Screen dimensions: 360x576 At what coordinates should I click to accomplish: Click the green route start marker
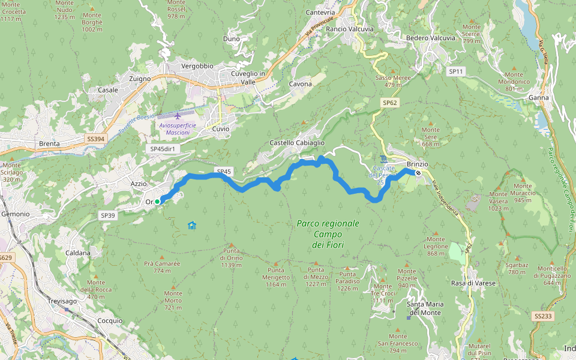(157, 202)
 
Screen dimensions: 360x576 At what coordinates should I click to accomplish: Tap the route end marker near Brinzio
(418, 173)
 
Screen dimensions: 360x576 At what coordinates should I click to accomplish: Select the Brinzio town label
(417, 164)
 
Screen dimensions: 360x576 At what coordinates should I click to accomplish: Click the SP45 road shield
(224, 172)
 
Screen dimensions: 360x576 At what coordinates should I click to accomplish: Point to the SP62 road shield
(390, 103)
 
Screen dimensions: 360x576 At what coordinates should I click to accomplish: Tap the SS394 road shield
(95, 139)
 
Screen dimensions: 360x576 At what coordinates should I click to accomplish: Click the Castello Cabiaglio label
(297, 143)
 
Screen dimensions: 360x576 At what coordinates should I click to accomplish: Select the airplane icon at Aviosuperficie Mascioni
(178, 115)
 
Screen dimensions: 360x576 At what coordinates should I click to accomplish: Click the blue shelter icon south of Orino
(192, 226)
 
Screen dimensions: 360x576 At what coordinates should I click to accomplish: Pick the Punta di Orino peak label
(230, 257)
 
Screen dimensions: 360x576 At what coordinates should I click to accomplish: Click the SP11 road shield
(457, 71)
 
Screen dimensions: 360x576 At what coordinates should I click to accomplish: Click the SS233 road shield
(542, 316)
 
